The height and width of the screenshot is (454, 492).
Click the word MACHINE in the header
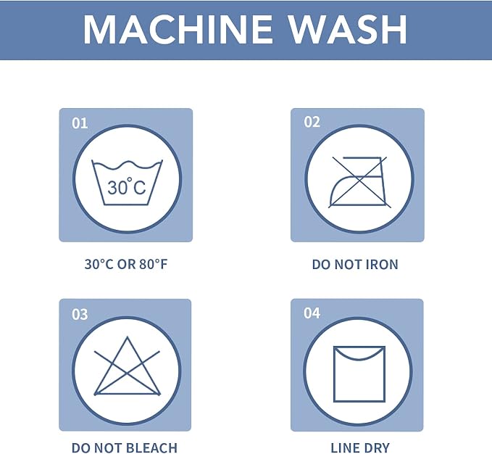[x=178, y=29]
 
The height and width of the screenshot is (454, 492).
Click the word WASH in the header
[x=348, y=29]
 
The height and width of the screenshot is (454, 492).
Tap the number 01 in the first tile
[x=80, y=123]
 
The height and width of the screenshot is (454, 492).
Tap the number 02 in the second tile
[x=312, y=122]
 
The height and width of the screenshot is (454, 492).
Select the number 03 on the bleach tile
[x=80, y=314]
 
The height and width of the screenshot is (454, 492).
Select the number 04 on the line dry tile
[x=312, y=313]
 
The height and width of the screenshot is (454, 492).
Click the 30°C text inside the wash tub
[x=127, y=186]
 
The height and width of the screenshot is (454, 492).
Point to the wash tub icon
[x=127, y=183]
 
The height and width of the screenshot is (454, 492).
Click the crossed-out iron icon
[x=359, y=182]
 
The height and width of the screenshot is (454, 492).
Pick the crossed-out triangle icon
[x=127, y=366]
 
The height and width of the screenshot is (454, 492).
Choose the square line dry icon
[x=359, y=374]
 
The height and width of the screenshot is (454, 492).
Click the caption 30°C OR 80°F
[x=126, y=264]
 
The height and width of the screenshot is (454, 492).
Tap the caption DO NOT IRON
[x=355, y=265]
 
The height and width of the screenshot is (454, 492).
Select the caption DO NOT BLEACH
[x=125, y=447]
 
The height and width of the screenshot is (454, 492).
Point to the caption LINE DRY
[x=360, y=447]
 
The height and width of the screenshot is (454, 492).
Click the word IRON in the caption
[x=382, y=265]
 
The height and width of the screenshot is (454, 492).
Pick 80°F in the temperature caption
[x=154, y=264]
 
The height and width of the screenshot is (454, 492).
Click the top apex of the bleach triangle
[x=127, y=337]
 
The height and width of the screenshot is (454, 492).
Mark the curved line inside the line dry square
[x=359, y=358]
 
